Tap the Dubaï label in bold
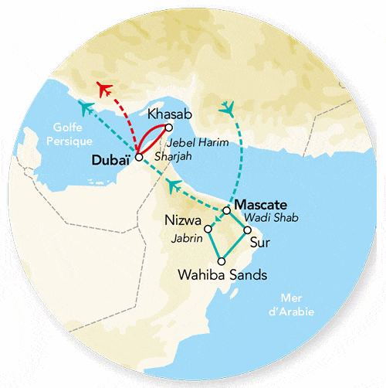[111, 159]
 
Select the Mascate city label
[260, 206]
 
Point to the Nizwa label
[182, 220]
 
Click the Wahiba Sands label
[222, 274]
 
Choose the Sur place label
[264, 241]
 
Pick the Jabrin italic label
[187, 239]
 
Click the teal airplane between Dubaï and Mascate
[175, 185]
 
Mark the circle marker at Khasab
[169, 127]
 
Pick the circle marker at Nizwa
[208, 229]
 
